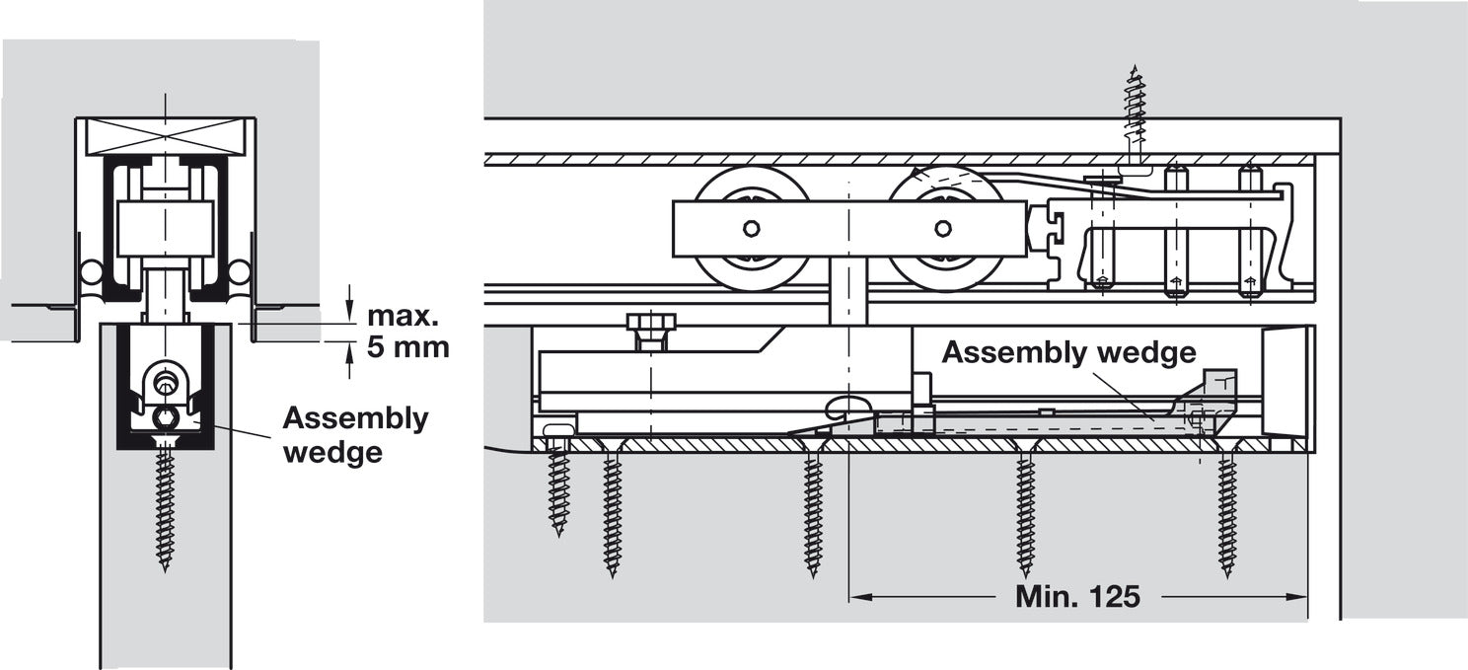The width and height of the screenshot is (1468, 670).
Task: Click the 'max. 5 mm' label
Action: click(x=407, y=332)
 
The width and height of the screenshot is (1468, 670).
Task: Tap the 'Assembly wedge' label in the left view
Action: click(x=355, y=434)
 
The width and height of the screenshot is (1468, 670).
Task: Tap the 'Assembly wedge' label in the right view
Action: click(x=1068, y=352)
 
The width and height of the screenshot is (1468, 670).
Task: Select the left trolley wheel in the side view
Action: click(x=752, y=229)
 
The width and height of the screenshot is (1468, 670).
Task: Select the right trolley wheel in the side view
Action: click(x=943, y=229)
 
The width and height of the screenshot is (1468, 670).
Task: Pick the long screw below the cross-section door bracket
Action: click(x=165, y=508)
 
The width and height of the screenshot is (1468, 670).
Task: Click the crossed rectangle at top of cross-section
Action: click(x=166, y=136)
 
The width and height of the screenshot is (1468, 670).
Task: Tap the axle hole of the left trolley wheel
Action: click(x=752, y=229)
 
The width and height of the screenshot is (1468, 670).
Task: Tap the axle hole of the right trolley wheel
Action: click(x=943, y=229)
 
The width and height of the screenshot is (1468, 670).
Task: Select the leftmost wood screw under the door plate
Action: click(x=559, y=488)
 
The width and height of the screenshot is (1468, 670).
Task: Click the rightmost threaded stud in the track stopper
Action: click(x=1249, y=232)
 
